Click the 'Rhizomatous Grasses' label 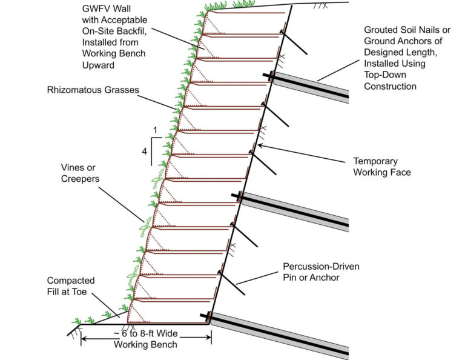click(x=93, y=90)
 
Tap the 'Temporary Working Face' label click(x=382, y=167)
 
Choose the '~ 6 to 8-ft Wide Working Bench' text click(x=146, y=339)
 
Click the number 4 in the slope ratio click(x=144, y=152)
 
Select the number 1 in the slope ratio click(x=155, y=130)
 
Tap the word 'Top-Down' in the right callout click(x=386, y=75)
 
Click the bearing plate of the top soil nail click(x=270, y=76)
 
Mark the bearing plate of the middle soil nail click(x=240, y=196)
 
